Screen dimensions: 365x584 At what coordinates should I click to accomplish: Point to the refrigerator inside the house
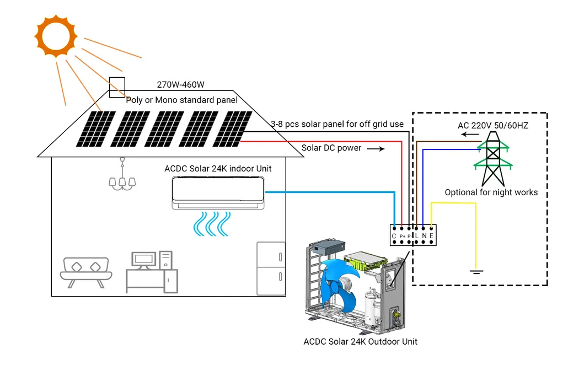(271, 268)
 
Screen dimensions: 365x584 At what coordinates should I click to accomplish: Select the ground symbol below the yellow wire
(474, 271)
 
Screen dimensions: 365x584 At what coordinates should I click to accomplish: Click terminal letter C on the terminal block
(394, 236)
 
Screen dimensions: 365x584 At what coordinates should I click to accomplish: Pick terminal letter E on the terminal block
(431, 236)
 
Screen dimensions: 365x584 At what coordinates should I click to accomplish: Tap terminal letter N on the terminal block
(424, 236)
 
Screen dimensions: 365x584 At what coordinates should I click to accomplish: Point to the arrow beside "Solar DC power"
(374, 149)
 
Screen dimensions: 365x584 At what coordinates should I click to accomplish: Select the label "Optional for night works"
(491, 192)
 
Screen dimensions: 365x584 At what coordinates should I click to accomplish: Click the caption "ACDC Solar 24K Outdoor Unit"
(360, 341)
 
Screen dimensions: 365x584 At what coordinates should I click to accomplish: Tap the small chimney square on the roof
(117, 87)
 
